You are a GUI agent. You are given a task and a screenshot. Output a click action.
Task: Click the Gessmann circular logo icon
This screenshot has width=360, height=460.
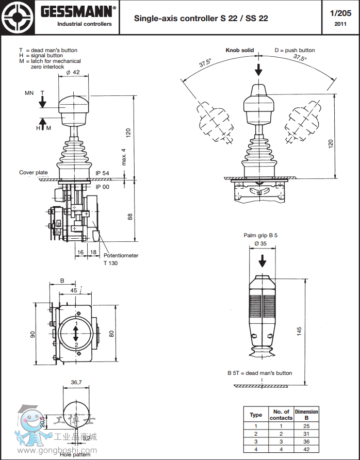point(17,17)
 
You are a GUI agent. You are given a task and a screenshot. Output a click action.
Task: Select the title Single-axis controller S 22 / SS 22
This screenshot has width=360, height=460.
point(201,19)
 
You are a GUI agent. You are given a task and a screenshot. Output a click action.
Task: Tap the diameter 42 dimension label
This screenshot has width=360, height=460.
point(73,72)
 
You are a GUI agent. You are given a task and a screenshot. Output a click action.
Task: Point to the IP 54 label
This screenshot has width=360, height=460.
point(102,173)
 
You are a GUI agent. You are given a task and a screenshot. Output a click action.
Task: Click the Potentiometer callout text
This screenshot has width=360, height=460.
point(121,256)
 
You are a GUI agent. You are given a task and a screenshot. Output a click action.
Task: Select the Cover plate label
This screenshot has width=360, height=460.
point(34,173)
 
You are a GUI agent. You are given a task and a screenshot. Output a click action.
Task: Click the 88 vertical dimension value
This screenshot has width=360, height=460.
point(130,217)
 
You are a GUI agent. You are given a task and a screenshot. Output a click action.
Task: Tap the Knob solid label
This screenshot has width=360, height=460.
point(240,51)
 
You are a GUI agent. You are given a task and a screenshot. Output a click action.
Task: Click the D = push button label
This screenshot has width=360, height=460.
point(294,51)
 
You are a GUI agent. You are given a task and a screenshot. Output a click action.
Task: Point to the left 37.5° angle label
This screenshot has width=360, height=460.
point(205,63)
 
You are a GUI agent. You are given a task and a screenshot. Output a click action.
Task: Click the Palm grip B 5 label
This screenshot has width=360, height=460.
point(260,235)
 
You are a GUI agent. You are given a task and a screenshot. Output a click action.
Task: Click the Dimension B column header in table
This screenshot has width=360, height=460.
point(306,415)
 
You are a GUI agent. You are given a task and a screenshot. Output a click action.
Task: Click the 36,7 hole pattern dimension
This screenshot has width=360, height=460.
point(76,383)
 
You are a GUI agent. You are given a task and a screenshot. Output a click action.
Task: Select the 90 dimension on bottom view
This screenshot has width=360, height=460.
point(33,334)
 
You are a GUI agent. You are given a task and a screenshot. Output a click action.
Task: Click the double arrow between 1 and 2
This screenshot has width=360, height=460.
point(76,334)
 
